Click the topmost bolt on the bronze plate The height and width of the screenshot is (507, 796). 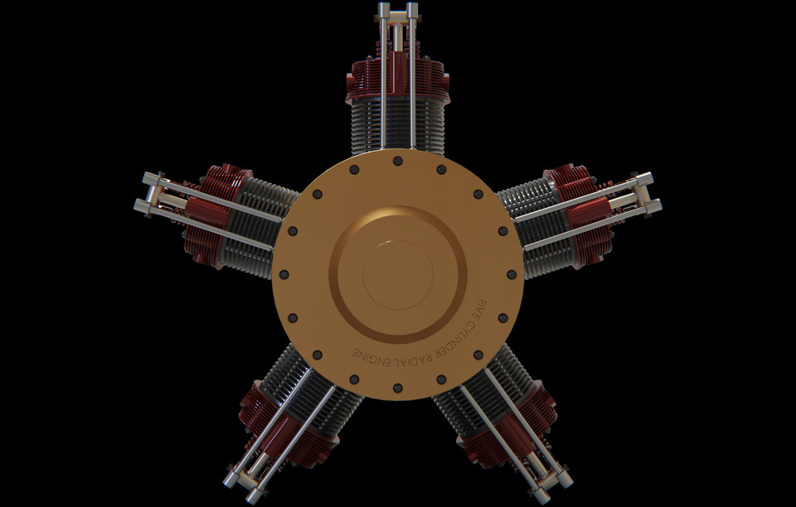pos(397,161)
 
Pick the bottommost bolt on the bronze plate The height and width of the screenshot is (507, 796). pos(397,388)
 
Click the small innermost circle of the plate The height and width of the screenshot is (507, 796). pos(397,274)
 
